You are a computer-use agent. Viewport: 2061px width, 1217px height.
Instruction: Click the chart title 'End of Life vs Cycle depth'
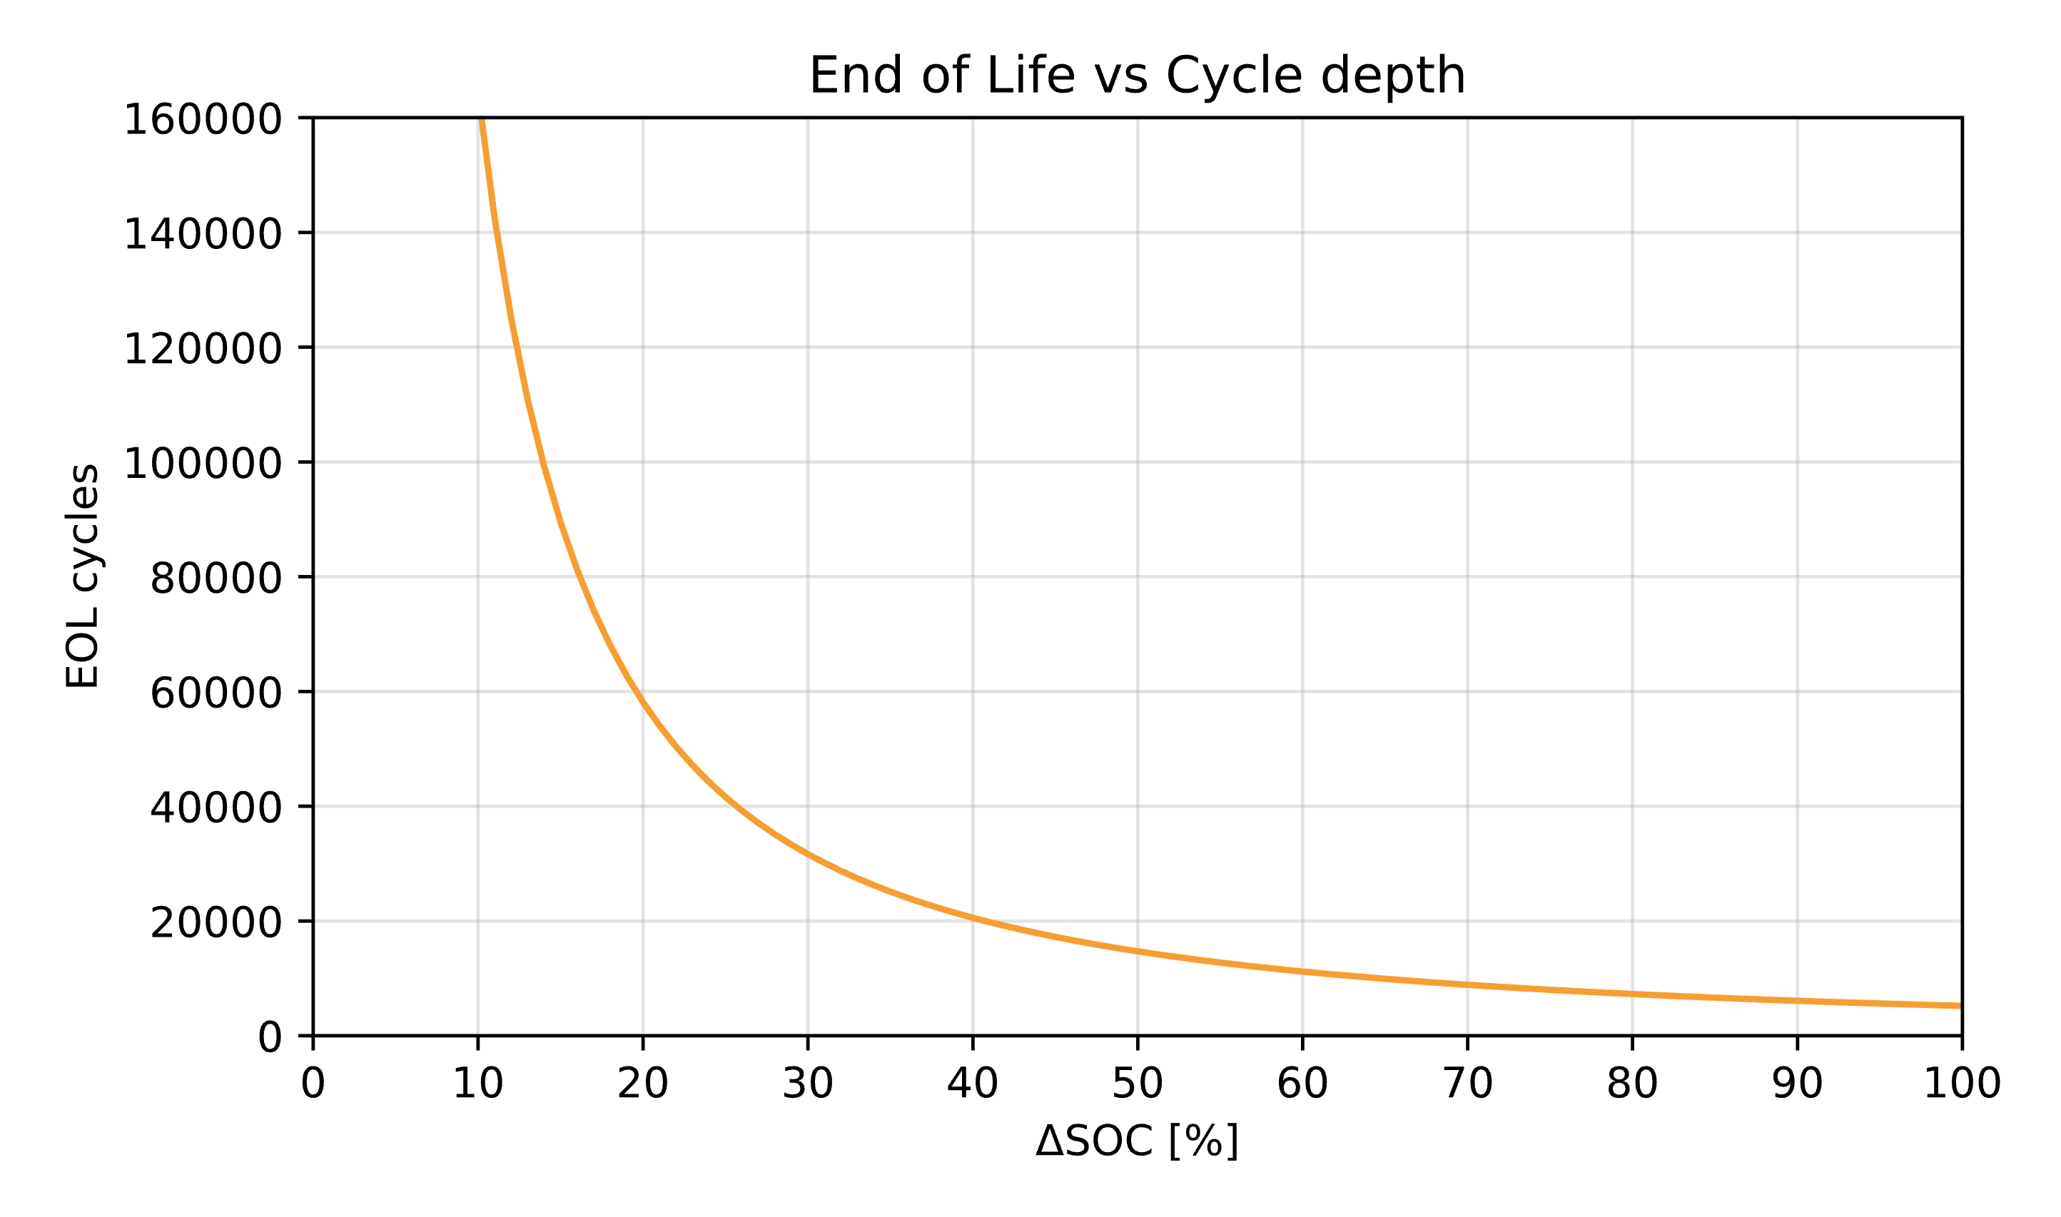coord(1137,76)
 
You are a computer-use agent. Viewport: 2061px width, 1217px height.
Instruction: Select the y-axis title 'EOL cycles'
coord(82,576)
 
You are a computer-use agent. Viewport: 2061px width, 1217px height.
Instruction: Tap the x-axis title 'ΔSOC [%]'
coord(1137,1141)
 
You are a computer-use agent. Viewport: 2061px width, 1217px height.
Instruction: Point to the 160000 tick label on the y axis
coord(203,120)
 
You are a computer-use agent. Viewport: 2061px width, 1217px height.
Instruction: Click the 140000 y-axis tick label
coord(203,235)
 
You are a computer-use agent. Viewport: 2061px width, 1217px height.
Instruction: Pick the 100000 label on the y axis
coord(203,464)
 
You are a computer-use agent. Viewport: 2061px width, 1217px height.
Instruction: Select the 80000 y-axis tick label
coord(216,579)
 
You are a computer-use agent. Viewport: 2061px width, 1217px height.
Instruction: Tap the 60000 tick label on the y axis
coord(216,694)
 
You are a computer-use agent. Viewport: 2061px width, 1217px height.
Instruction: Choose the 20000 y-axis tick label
coord(216,923)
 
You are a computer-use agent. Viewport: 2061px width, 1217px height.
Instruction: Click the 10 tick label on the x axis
coord(478,1084)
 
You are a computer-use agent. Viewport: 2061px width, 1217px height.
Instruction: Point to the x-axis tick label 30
coord(808,1084)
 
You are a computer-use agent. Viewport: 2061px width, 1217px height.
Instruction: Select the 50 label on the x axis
coord(1138,1084)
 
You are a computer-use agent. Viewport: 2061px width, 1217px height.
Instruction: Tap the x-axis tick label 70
coord(1467,1084)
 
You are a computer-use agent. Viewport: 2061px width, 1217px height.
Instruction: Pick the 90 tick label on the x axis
coord(1797,1084)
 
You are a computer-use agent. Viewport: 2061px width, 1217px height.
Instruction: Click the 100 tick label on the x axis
coord(1962,1084)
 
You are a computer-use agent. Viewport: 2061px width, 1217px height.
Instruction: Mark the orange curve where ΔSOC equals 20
coord(643,702)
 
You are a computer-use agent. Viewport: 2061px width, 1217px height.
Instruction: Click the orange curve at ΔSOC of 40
coord(973,917)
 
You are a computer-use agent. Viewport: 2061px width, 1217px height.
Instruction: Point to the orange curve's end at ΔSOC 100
coord(1960,1005)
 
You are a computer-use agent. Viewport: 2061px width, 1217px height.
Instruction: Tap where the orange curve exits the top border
coord(482,120)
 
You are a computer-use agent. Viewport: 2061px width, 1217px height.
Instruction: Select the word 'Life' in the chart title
coord(1030,76)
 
